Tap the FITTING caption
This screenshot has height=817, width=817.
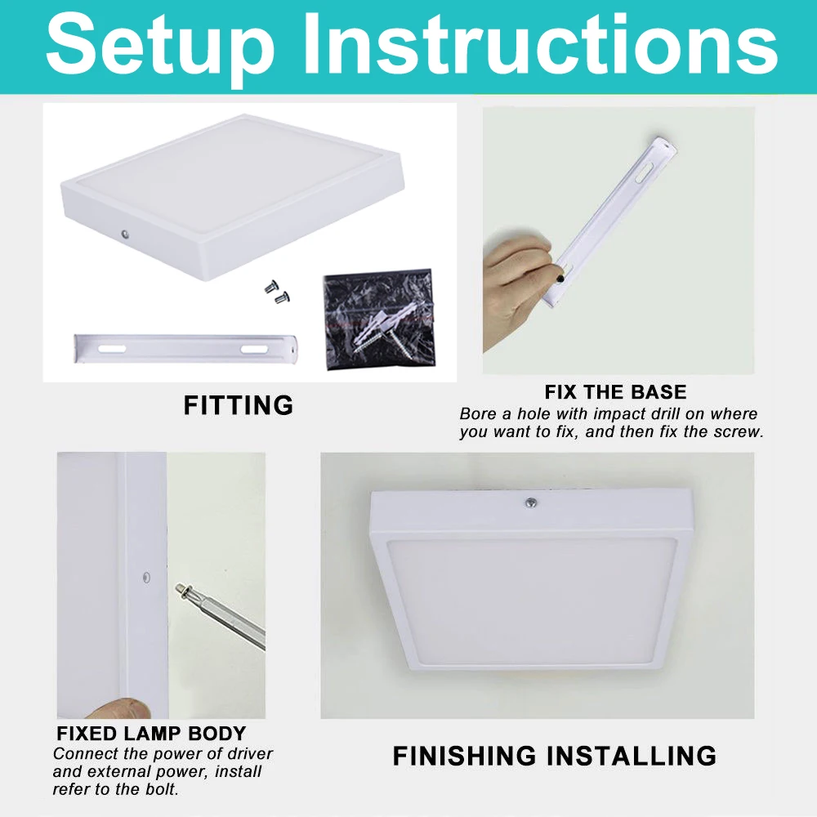[x=238, y=405]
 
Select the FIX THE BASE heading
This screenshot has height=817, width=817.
[x=615, y=391]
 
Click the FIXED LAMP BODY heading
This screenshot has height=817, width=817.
[x=151, y=733]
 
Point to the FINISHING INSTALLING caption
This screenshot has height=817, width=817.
[x=554, y=756]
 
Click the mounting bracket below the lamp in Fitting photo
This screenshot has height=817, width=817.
[x=189, y=348]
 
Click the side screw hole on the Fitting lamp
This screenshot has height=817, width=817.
[x=125, y=234]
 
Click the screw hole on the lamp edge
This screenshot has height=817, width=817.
[x=145, y=577]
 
